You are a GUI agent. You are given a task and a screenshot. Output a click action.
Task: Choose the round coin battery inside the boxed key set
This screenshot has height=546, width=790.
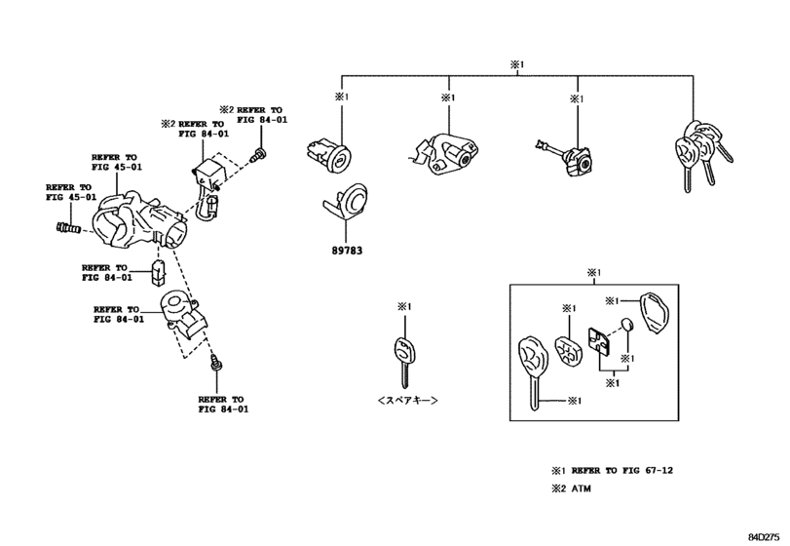pyautogui.click(x=626, y=324)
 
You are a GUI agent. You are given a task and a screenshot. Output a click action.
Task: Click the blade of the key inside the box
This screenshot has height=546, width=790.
pyautogui.click(x=534, y=396)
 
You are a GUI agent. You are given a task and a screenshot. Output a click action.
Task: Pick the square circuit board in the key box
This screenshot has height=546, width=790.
pyautogui.click(x=598, y=344)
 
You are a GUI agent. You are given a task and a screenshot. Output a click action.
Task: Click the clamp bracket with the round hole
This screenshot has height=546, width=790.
pyautogui.click(x=185, y=312)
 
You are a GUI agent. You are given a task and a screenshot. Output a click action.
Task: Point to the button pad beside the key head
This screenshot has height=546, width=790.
pyautogui.click(x=565, y=349)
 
